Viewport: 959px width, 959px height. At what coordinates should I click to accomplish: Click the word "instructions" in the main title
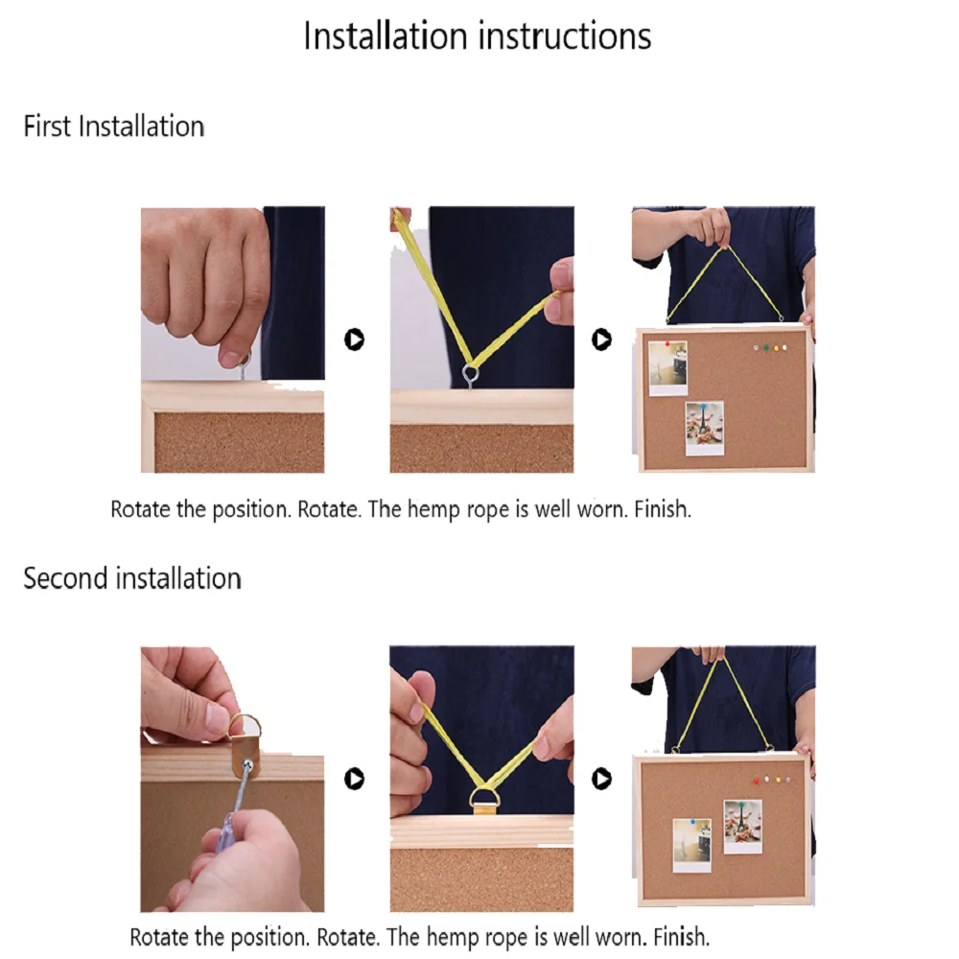[x=565, y=36]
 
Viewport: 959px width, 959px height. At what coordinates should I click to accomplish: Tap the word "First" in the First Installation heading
[x=47, y=127]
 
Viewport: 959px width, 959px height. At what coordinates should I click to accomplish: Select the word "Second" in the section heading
[x=65, y=578]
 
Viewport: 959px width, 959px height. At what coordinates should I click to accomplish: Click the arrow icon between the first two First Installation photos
[x=354, y=339]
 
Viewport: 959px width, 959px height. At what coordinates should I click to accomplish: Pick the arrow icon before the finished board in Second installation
[x=601, y=779]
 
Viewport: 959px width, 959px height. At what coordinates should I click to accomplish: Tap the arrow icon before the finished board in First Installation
[x=601, y=339]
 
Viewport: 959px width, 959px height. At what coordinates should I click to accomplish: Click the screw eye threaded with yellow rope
[x=470, y=374]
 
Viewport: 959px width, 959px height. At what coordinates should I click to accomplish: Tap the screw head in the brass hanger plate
[x=247, y=764]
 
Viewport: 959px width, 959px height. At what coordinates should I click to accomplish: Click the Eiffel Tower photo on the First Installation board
[x=705, y=428]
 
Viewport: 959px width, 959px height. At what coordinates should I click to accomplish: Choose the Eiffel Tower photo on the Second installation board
[x=742, y=827]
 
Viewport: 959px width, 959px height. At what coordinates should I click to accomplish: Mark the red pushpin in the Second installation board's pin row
[x=757, y=781]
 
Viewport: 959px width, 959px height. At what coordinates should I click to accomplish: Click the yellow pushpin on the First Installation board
[x=776, y=349]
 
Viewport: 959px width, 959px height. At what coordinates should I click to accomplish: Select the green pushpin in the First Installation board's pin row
[x=766, y=347]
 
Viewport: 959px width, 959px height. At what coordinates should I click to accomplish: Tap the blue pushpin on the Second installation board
[x=693, y=823]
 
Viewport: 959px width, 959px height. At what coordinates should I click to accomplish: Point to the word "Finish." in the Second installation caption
[x=681, y=937]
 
